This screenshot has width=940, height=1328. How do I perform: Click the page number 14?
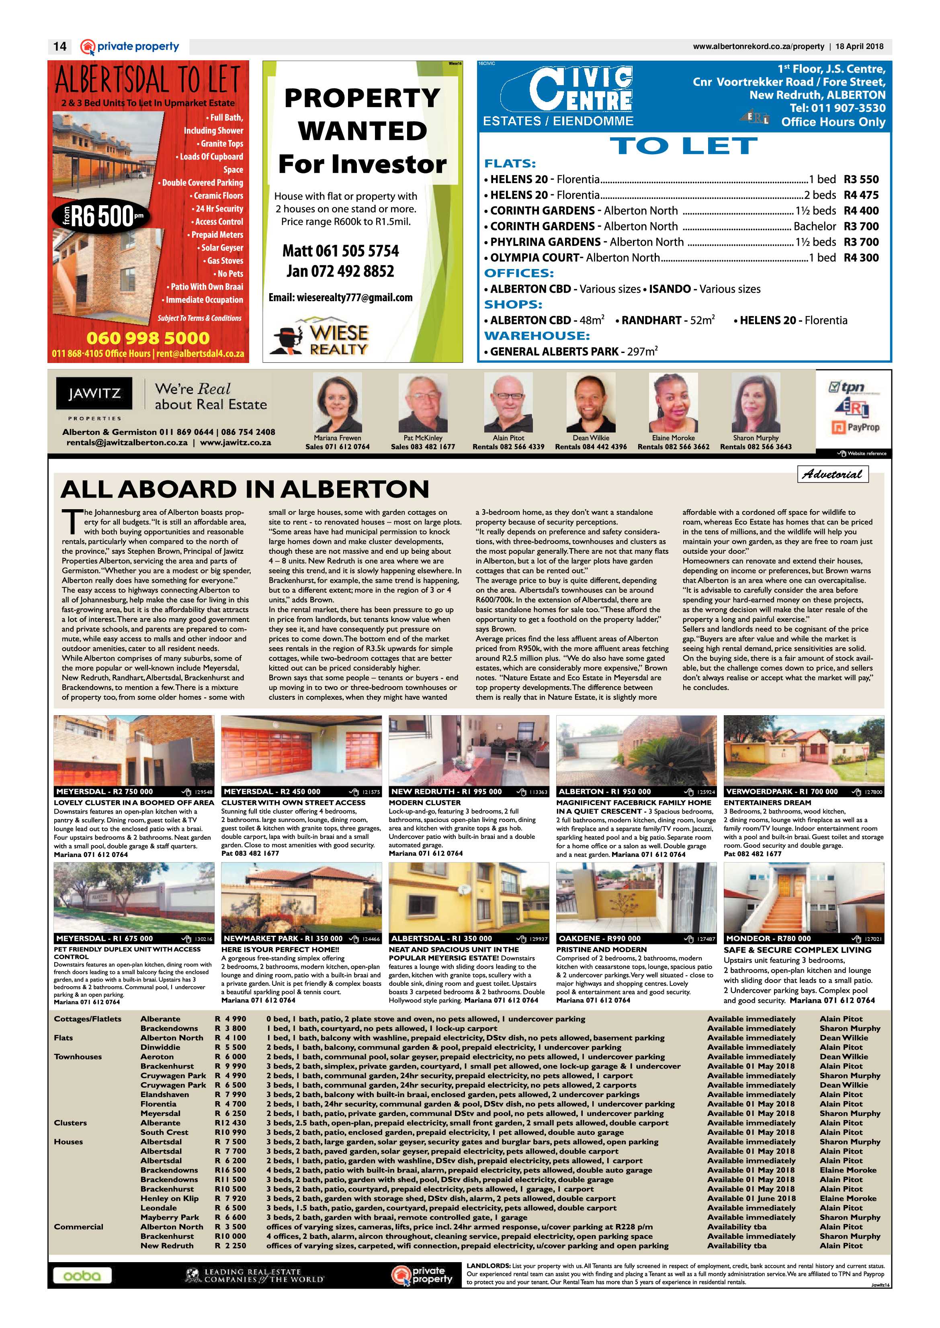[x=59, y=46]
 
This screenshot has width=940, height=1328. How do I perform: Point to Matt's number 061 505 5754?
[x=340, y=251]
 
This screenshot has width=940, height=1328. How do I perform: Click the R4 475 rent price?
[x=861, y=195]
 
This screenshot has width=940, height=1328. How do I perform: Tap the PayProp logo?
[x=856, y=427]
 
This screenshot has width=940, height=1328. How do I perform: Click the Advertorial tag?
[x=832, y=474]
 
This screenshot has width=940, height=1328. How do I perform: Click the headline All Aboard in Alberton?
[x=245, y=490]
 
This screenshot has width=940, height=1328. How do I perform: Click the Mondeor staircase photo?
[x=803, y=897]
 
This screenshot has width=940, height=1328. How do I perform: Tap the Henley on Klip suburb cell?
[x=169, y=1198]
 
